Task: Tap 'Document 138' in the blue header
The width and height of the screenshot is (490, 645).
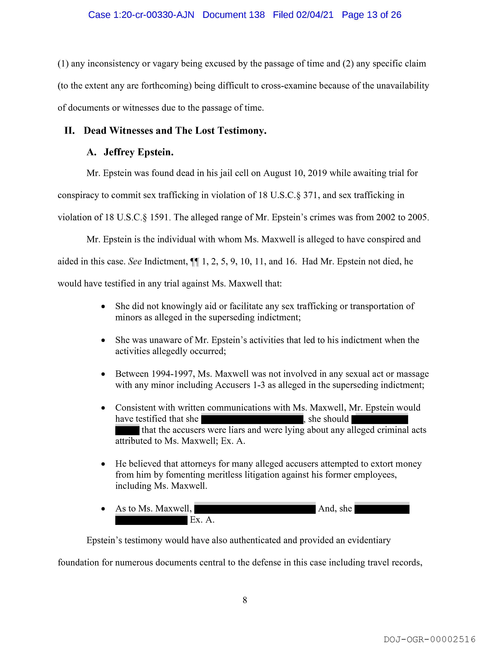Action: pyautogui.click(x=234, y=15)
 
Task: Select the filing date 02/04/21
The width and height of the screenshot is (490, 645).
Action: pyautogui.click(x=315, y=15)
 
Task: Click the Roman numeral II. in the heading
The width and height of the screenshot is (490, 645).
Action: pyautogui.click(x=69, y=131)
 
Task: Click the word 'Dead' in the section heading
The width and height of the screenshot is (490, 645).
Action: pyautogui.click(x=95, y=131)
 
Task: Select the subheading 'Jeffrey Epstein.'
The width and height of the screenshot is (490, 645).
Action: pyautogui.click(x=139, y=152)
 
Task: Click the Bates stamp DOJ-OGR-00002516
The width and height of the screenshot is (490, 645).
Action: pyautogui.click(x=430, y=639)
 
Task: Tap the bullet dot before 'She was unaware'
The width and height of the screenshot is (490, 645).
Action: pyautogui.click(x=103, y=340)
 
